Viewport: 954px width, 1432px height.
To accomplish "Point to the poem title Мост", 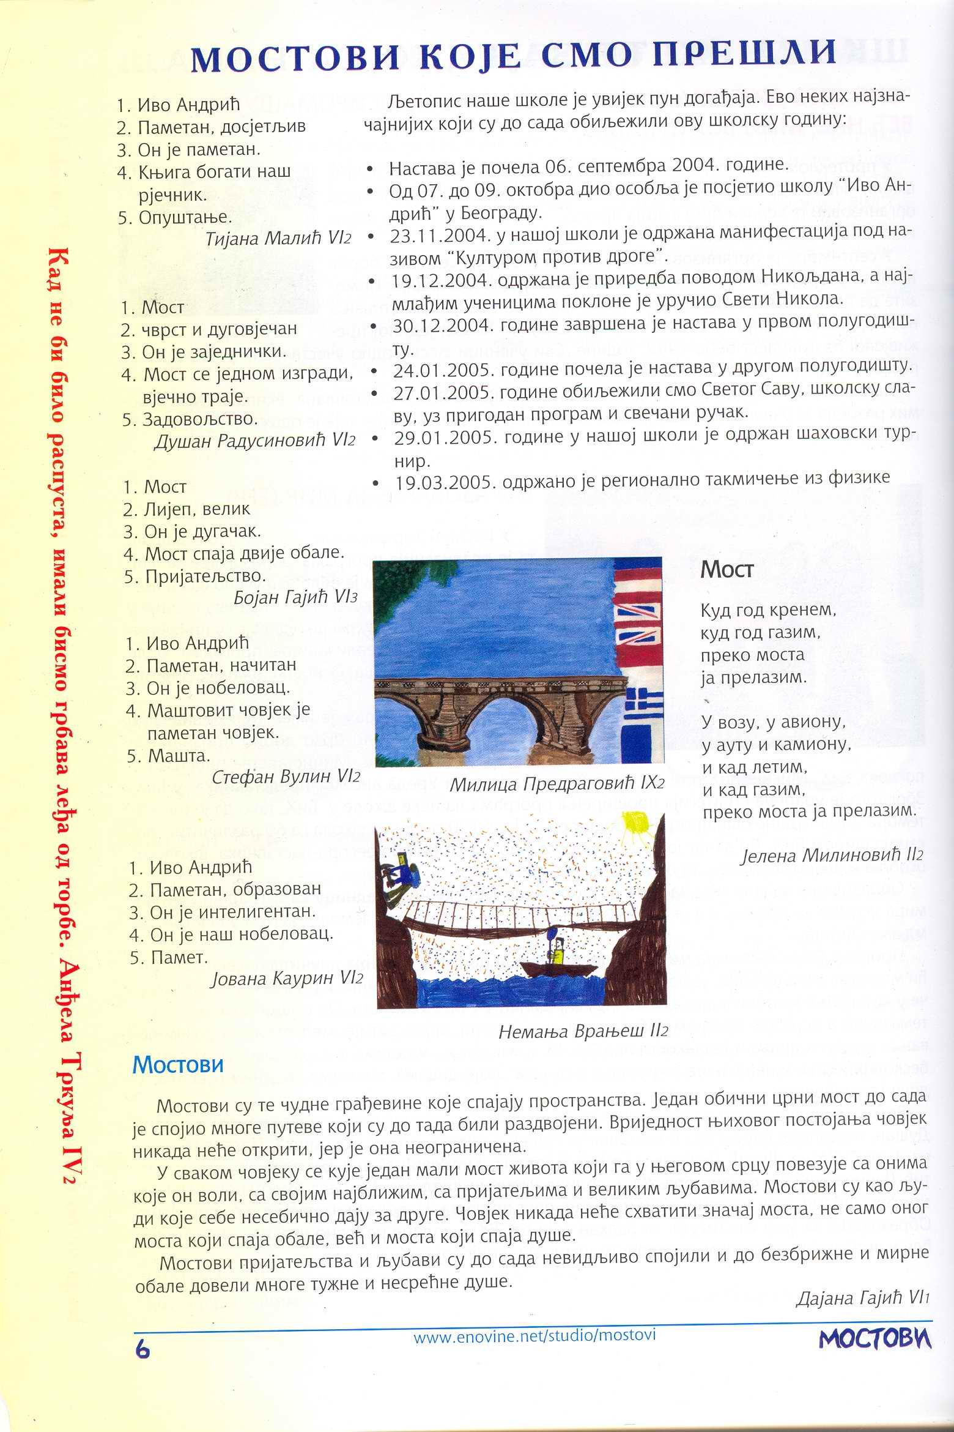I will coord(727,570).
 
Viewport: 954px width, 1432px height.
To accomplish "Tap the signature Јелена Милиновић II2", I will coord(831,855).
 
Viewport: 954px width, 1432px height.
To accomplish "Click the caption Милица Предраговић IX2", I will coord(556,784).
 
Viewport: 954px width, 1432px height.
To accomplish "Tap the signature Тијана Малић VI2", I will coord(278,239).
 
